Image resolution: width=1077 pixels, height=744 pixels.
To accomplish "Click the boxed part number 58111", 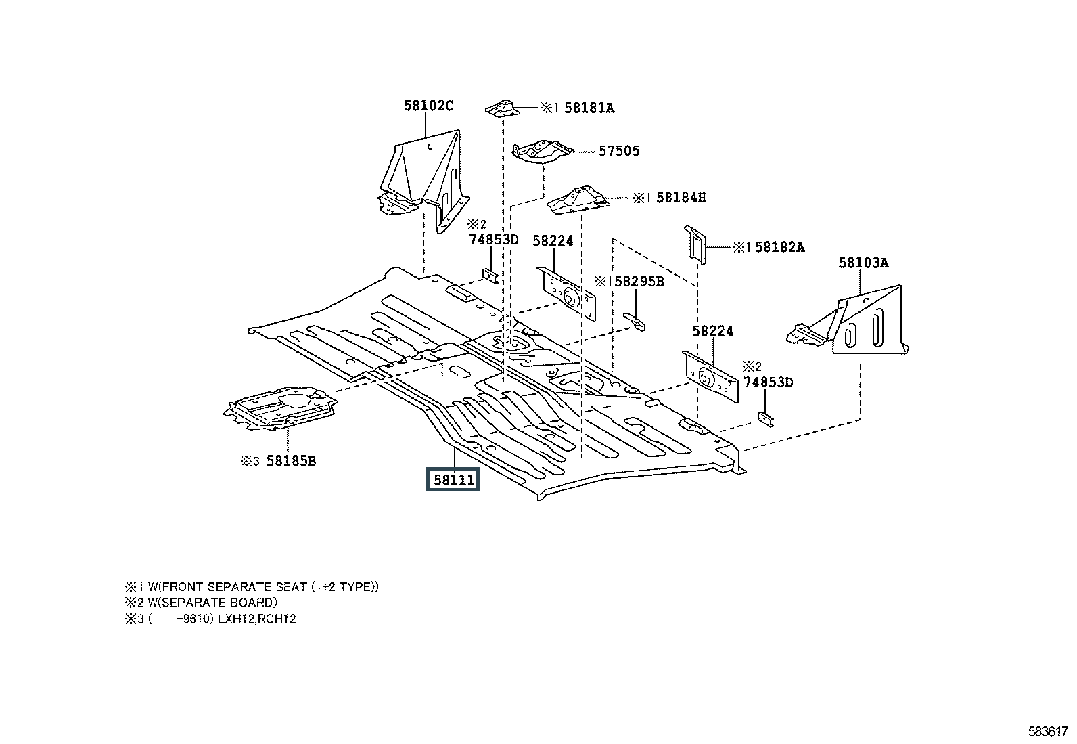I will coord(452,480).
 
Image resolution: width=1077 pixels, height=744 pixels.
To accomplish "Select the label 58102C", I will coord(428,106).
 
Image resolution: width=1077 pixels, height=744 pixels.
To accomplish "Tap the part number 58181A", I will coord(589,108).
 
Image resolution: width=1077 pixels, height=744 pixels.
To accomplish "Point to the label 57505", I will coord(618,151).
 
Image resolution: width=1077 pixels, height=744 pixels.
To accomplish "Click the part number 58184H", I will coord(681,198).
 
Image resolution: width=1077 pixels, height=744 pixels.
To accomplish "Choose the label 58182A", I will coord(779,247).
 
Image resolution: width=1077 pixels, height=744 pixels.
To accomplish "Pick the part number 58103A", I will coord(863,263).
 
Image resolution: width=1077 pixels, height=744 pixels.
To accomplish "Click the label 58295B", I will coord(639,282).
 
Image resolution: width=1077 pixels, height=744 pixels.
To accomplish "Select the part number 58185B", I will coord(291,461).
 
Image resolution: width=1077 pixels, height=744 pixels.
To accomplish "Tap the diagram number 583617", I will coord(1048,731).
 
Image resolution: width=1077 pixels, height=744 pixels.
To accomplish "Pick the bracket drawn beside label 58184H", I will coord(577,201).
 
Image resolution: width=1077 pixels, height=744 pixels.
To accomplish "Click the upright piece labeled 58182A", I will coord(696,244).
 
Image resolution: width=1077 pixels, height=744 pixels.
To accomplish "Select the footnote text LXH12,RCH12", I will coord(256,619).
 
